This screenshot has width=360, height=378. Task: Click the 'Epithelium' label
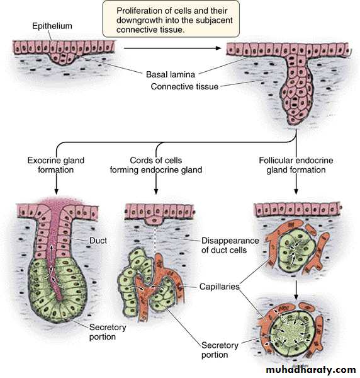(52, 26)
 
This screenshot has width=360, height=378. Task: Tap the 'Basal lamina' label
(171, 74)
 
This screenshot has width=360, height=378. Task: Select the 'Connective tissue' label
(184, 86)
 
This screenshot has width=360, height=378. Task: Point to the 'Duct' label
(98, 241)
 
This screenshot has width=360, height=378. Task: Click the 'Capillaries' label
(220, 287)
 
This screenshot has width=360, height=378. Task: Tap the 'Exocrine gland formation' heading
(56, 165)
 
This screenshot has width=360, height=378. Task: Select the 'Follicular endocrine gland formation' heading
(296, 165)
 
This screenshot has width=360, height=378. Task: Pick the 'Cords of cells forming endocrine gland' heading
(156, 165)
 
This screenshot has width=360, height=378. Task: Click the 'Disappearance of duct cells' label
(230, 245)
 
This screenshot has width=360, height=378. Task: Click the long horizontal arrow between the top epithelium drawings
(172, 49)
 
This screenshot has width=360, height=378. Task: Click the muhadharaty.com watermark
(311, 369)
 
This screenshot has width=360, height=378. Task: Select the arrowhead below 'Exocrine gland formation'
(56, 192)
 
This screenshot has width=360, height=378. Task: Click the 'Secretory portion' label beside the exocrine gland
(108, 332)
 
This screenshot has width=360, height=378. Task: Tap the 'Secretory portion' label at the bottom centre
(220, 350)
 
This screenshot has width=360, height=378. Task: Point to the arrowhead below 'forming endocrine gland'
(156, 192)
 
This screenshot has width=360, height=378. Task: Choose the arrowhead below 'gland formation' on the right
(296, 192)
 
